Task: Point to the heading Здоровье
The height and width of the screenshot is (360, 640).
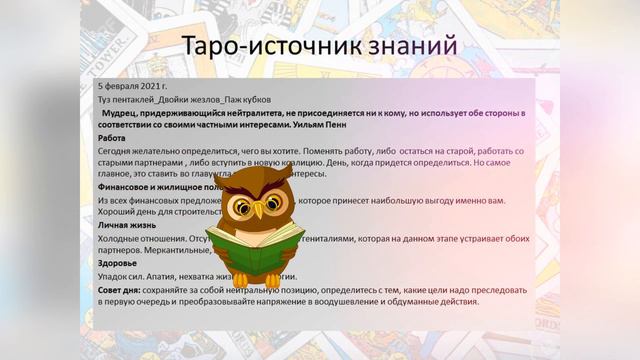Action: coord(119,263)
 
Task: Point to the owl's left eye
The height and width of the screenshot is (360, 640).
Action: coord(243,204)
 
